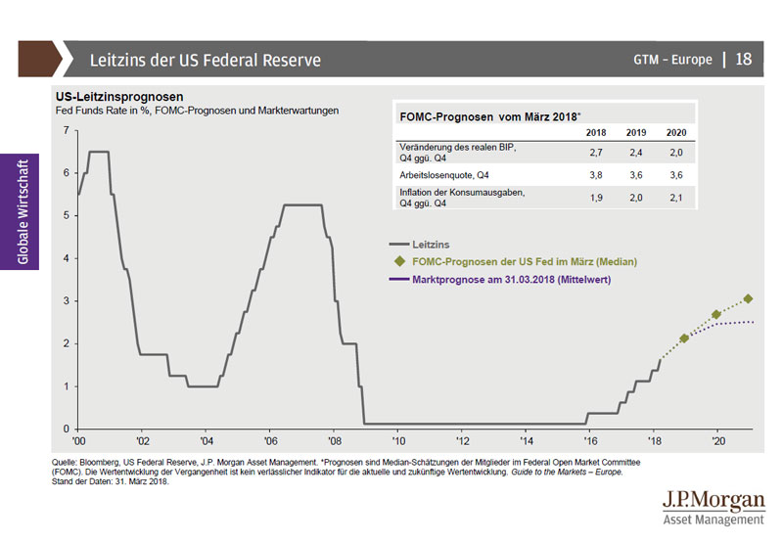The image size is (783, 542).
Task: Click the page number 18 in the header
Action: point(743,60)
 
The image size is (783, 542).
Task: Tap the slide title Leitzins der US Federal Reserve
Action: point(206,61)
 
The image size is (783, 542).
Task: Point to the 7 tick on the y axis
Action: point(66,130)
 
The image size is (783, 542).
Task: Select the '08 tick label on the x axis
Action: point(334,441)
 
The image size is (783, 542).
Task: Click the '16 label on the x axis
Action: point(587,441)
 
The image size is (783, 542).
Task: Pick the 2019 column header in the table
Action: point(636,132)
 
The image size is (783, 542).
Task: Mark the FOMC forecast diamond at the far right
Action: point(748,298)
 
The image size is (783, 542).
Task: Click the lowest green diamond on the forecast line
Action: point(684,338)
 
